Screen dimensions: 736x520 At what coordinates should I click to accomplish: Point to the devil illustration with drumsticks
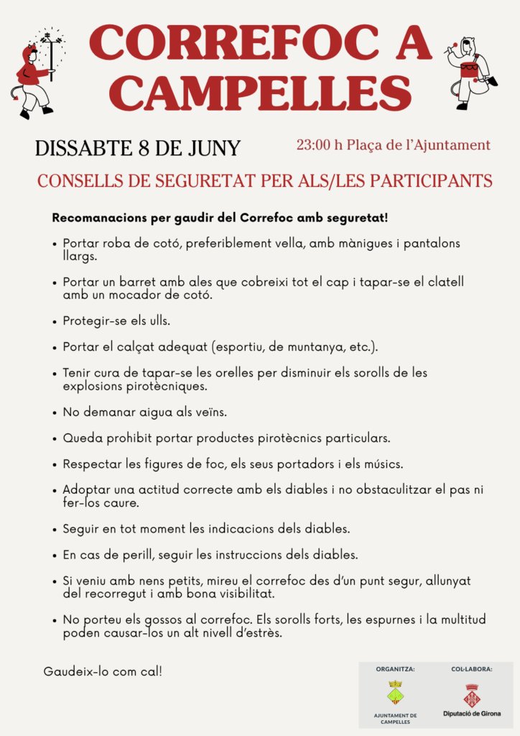470,72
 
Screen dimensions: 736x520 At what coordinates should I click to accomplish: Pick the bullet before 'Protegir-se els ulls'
55,321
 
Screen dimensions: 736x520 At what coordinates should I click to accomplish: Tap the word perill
131,555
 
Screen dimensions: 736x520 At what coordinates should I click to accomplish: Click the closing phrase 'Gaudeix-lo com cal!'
103,671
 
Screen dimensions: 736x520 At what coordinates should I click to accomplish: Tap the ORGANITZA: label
395,669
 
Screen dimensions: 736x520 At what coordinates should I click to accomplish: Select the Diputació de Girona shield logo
472,695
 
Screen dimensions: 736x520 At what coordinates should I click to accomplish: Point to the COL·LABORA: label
471,669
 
